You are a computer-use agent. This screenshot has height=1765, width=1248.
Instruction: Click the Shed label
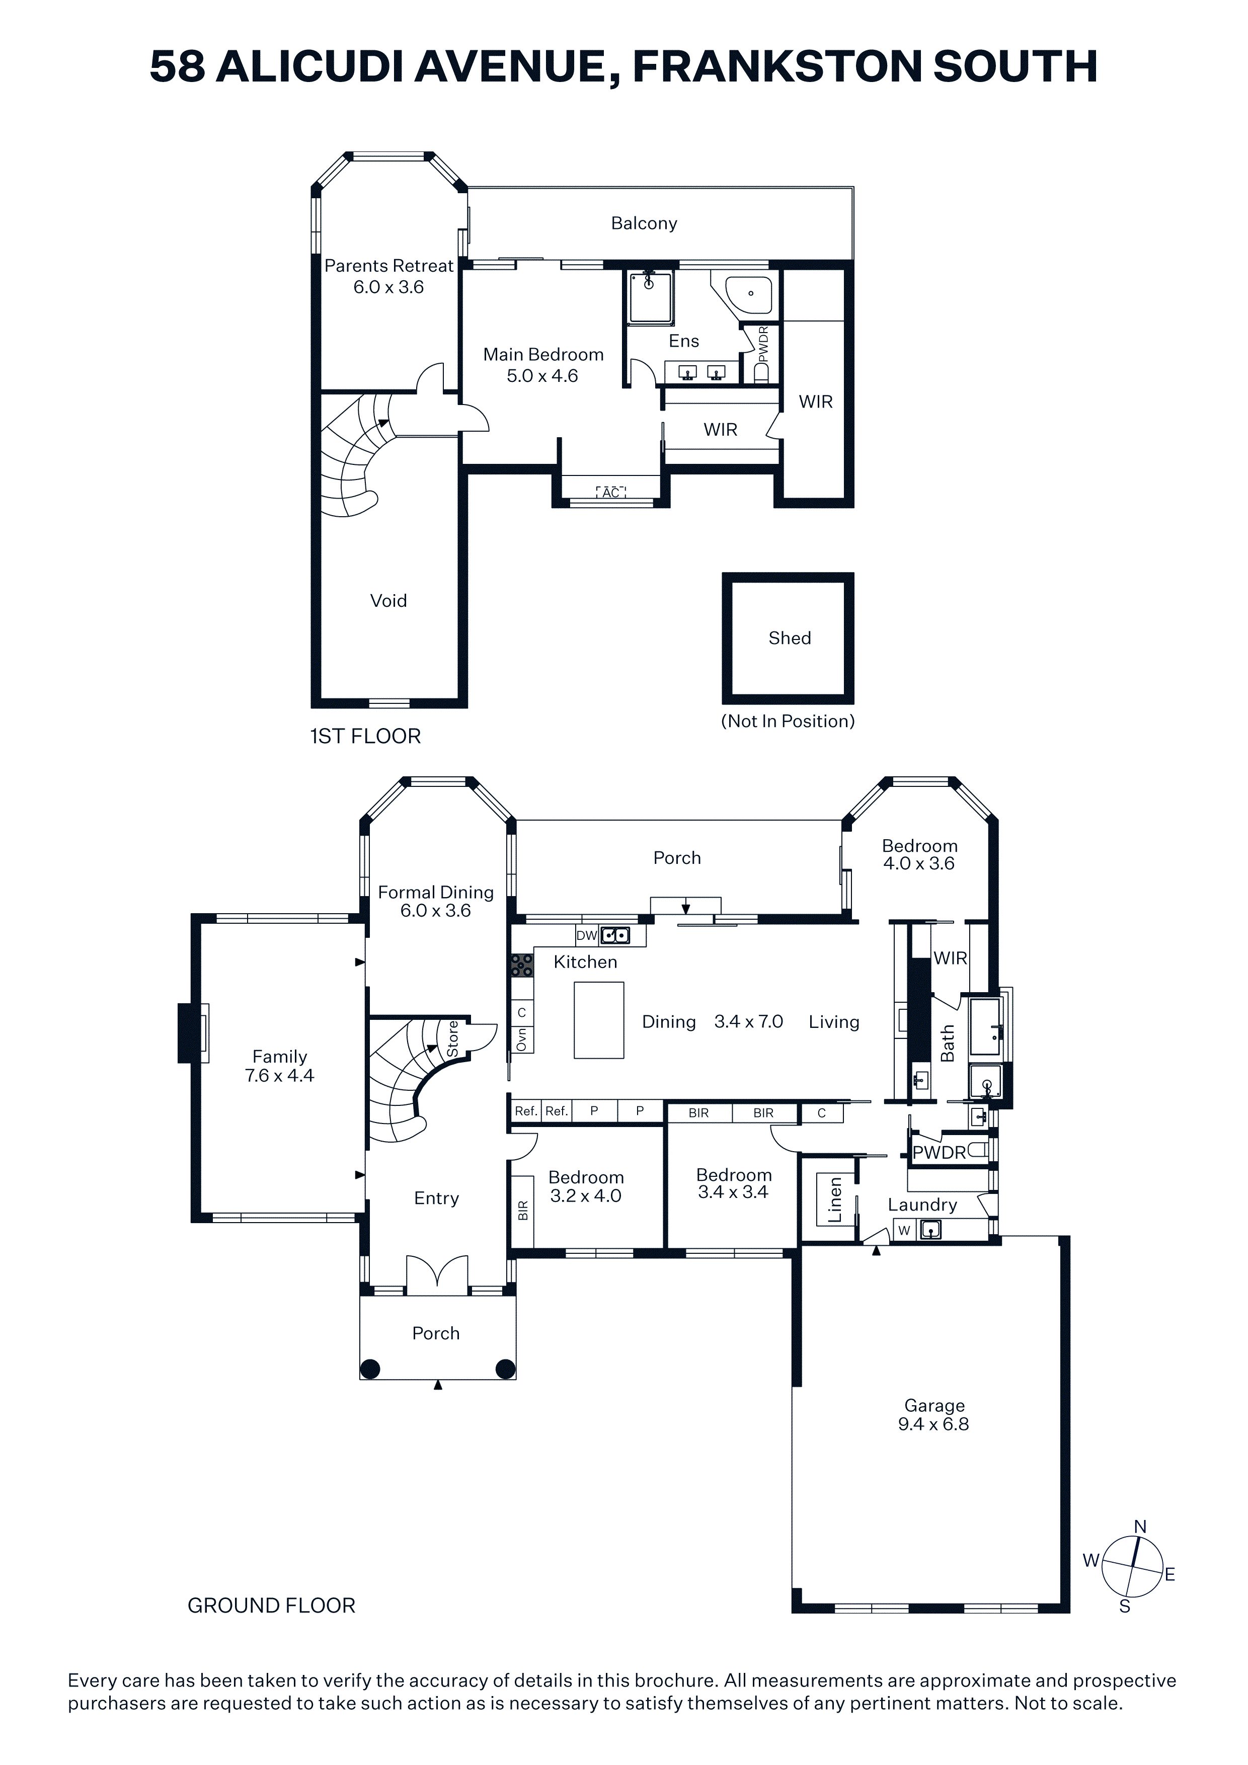point(789,638)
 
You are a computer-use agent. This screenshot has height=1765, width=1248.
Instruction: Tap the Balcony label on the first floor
point(644,224)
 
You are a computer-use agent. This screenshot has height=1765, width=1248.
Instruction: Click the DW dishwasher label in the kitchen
point(587,935)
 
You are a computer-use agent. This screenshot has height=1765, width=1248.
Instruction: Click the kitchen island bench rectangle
point(598,1020)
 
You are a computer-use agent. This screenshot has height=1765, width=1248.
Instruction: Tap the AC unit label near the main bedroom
point(610,493)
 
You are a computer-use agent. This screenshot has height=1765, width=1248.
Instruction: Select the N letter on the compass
point(1140,1528)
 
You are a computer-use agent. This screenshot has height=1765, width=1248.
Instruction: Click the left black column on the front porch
point(370,1369)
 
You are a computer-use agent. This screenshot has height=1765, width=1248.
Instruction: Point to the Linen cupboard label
point(835,1199)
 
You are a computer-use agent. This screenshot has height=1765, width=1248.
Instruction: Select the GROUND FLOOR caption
point(271,1606)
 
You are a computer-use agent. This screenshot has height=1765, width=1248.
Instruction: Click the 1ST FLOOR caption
point(365,737)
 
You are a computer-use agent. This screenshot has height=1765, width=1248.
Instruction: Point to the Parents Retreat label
point(388,266)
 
